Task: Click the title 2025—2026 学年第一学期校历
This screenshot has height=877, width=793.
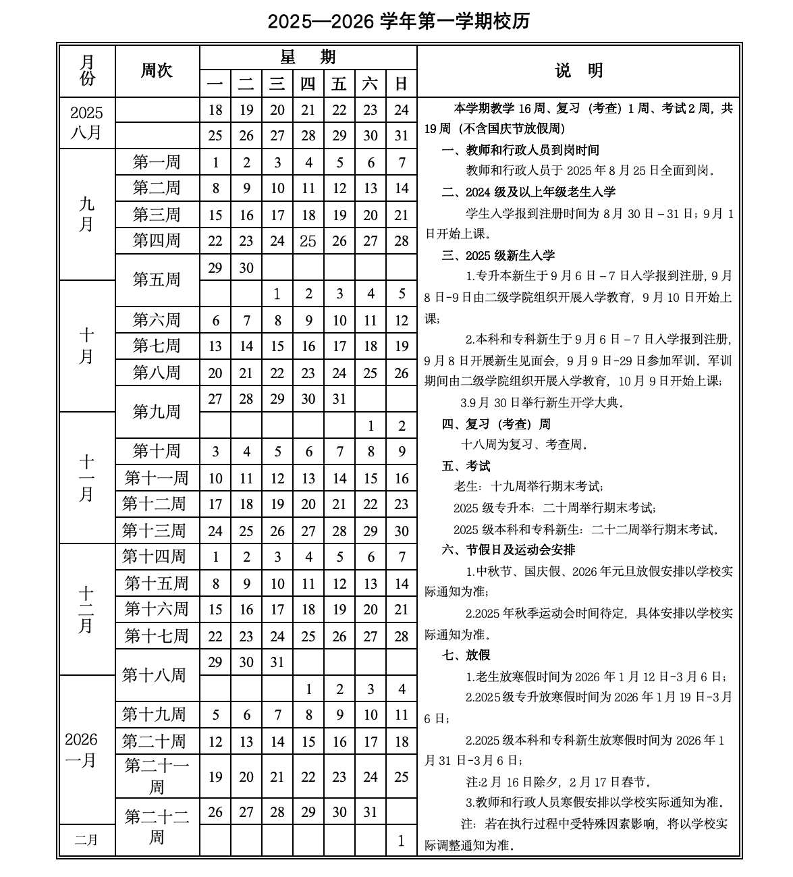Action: tap(398, 22)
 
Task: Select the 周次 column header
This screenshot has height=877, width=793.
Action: tap(157, 71)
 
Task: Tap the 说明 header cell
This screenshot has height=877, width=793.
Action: tap(579, 71)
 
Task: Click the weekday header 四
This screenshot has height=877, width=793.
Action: tap(308, 84)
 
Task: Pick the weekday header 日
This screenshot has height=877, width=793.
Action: tap(402, 84)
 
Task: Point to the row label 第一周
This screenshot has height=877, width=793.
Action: tap(157, 162)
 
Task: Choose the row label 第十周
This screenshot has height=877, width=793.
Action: tap(157, 451)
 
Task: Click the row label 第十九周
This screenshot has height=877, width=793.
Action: tap(154, 714)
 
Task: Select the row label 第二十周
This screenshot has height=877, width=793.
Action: tap(154, 741)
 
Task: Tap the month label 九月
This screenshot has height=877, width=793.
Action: tap(86, 213)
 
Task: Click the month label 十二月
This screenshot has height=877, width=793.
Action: tap(86, 609)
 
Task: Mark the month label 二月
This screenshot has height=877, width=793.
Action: tap(86, 840)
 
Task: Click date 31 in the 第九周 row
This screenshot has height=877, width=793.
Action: tap(339, 399)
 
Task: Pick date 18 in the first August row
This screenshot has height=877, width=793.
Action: tap(215, 110)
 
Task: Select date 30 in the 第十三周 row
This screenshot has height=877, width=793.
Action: tap(402, 531)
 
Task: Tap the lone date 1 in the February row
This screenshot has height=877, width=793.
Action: tap(402, 841)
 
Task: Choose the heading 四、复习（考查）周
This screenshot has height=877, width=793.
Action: tap(496, 424)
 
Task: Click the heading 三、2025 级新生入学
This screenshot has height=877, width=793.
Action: tap(499, 255)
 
